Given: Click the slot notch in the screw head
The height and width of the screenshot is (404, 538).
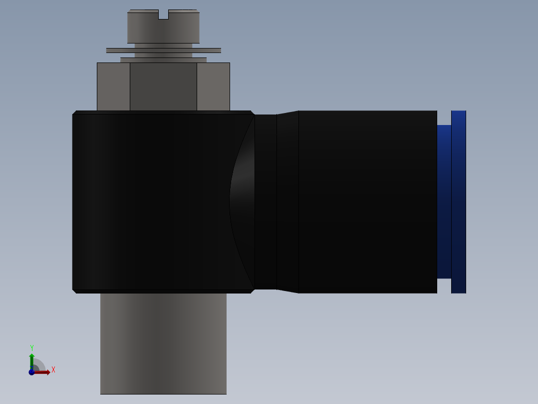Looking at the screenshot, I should [163, 15].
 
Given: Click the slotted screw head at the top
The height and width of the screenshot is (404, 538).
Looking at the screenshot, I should [163, 29].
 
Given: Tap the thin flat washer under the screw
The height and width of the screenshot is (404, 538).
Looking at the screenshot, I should [163, 50].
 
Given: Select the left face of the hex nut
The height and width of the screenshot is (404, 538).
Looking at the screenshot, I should [113, 86].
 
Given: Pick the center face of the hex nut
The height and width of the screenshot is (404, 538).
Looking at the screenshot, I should [163, 86].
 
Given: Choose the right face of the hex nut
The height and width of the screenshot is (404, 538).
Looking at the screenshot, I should [213, 86].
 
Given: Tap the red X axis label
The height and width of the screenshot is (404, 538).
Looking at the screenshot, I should [53, 370].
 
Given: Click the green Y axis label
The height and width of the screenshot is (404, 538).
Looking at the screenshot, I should [32, 347].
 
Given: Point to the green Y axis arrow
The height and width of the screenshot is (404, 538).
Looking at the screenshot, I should [31, 359].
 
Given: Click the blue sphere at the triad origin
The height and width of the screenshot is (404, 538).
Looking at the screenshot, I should [31, 372].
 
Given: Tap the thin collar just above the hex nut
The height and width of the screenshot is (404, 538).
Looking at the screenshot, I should [163, 60].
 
